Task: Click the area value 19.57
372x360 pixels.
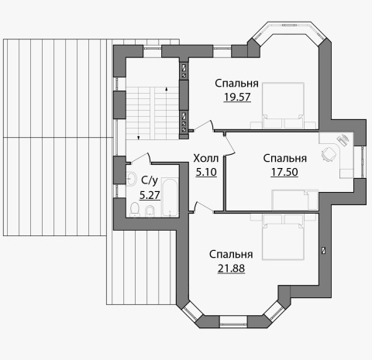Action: [x=237, y=97]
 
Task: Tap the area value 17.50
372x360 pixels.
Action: [x=284, y=172]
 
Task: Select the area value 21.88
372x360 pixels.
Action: [x=231, y=269]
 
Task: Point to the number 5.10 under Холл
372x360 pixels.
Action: [x=206, y=172]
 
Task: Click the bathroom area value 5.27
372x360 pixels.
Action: [x=150, y=195]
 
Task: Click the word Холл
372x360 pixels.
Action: [x=206, y=158]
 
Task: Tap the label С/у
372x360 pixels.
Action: [x=150, y=181]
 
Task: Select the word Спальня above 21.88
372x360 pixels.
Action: [x=231, y=255]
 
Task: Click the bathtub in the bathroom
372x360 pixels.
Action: [x=170, y=197]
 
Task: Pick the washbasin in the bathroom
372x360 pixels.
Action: [x=132, y=178]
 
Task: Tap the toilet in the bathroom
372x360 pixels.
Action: [x=134, y=209]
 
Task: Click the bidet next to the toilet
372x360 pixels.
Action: [x=150, y=211]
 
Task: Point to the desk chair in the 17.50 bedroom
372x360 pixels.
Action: [x=329, y=154]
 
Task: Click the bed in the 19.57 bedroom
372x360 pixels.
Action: [x=283, y=105]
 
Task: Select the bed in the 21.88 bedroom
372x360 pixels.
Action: [x=283, y=236]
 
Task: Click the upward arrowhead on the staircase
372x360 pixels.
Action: [x=166, y=89]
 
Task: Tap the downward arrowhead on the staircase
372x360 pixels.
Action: [x=139, y=138]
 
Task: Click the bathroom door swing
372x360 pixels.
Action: [x=142, y=158]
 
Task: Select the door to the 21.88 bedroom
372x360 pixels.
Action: [x=204, y=207]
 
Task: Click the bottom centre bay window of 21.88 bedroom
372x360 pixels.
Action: [x=233, y=321]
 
